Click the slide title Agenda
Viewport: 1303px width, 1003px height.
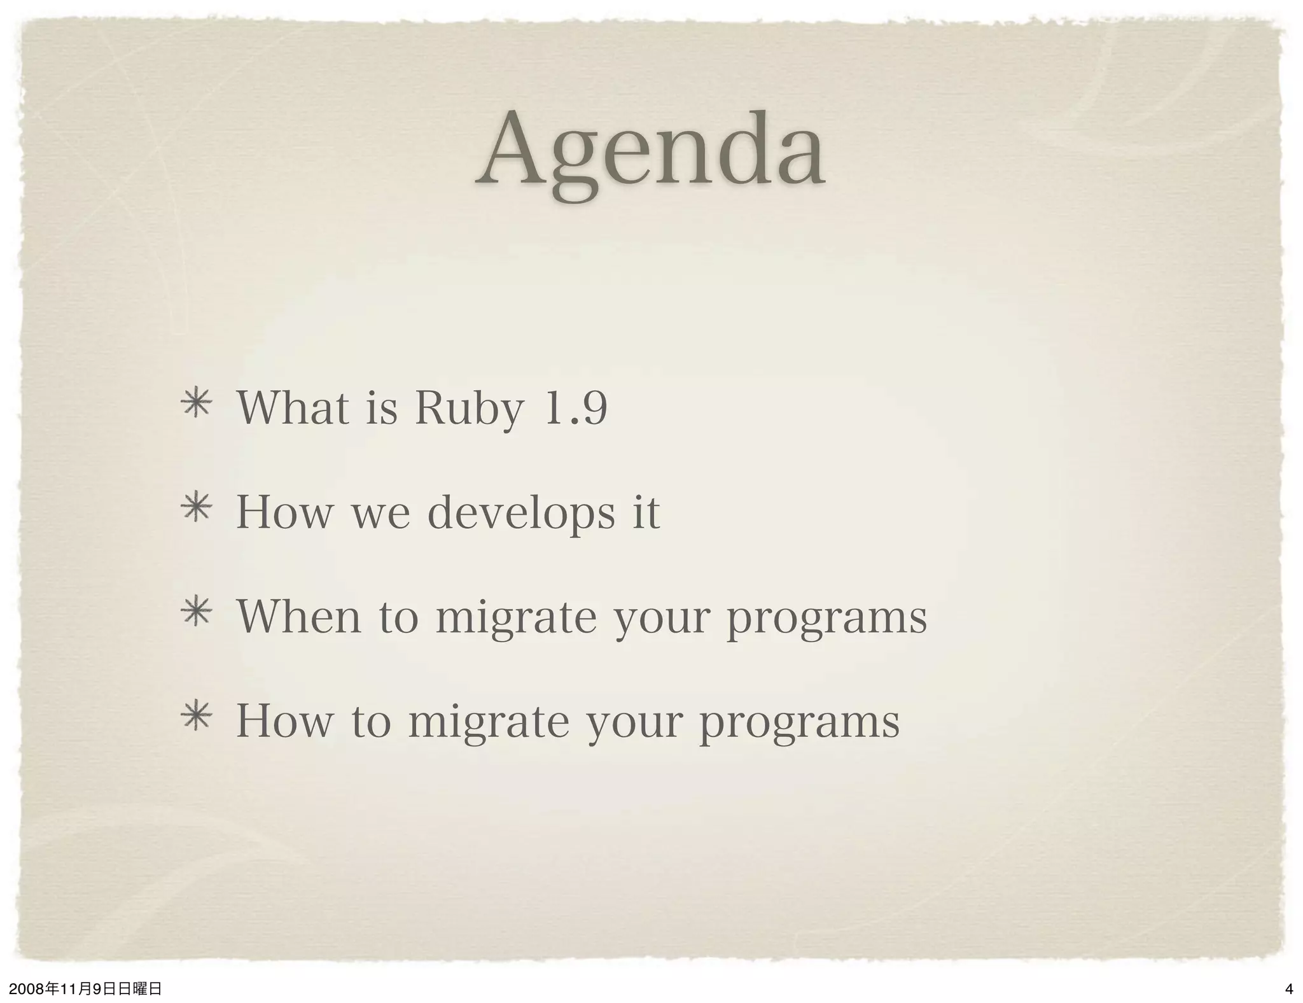coord(650,153)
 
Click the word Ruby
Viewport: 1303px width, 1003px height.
coord(469,408)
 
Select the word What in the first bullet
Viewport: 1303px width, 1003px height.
coord(293,408)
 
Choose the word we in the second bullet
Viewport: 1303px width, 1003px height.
coord(381,513)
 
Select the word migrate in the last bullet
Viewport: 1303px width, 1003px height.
coord(489,723)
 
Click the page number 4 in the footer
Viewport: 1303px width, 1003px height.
coord(1289,990)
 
